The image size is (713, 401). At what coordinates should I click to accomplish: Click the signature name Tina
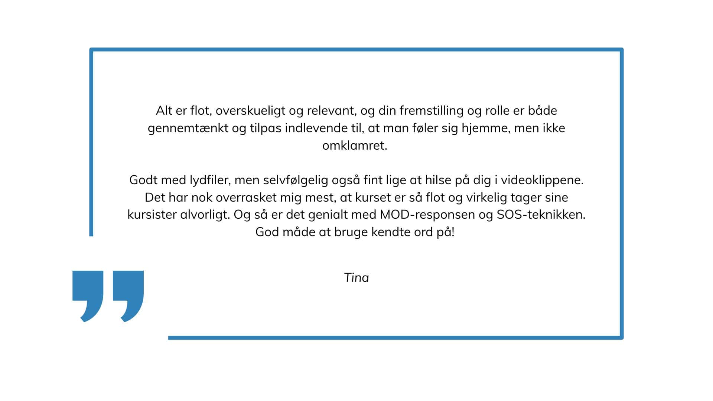click(356, 278)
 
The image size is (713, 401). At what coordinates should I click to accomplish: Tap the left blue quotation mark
click(88, 293)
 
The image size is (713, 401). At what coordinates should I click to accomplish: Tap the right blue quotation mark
click(128, 293)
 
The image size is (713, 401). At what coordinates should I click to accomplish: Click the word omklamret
click(355, 146)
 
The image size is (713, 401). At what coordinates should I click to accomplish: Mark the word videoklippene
click(542, 180)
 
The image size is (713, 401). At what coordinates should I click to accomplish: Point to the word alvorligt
click(205, 215)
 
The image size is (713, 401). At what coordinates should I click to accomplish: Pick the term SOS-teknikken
click(541, 215)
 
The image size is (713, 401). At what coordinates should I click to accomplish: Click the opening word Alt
click(164, 111)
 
